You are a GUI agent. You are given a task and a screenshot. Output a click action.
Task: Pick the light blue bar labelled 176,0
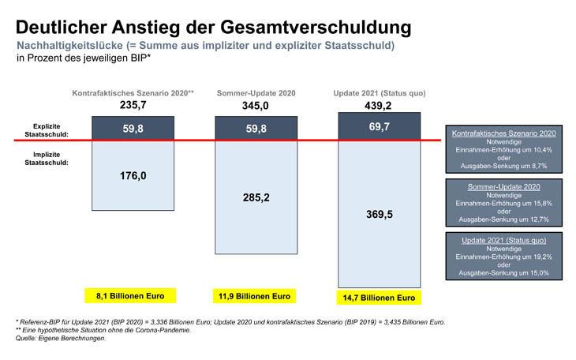coord(133,176)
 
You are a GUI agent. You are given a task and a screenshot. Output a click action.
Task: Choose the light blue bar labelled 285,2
coord(256,197)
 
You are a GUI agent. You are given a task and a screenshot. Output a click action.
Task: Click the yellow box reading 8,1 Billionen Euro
coord(130,295)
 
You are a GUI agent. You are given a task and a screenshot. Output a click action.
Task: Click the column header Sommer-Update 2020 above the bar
coord(256,93)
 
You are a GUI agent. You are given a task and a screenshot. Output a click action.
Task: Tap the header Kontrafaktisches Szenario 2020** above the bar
coord(133,93)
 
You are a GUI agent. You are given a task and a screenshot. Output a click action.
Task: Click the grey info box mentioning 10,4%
coord(503,149)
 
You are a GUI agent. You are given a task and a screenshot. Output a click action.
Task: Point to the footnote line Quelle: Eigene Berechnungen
coord(60,338)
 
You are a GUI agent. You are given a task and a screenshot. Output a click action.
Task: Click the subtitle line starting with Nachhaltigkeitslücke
coord(205,46)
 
